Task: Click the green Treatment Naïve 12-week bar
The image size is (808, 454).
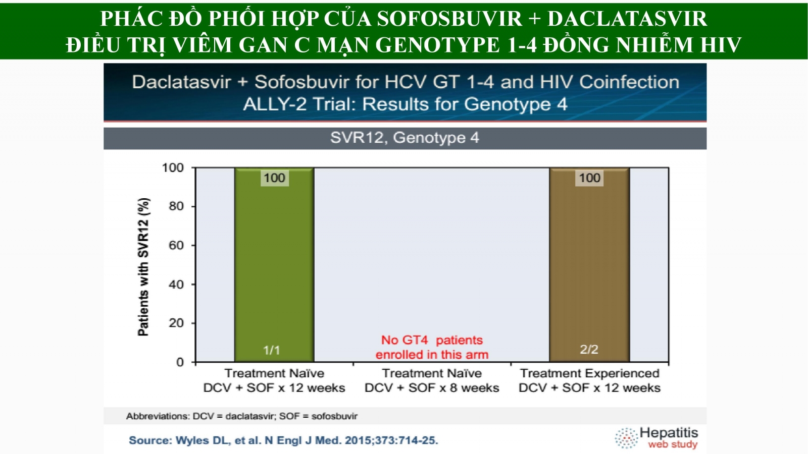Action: pyautogui.click(x=274, y=265)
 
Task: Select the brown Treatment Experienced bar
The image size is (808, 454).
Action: pyautogui.click(x=589, y=265)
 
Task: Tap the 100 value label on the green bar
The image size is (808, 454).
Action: pyautogui.click(x=275, y=178)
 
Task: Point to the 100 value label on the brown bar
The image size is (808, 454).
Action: pyautogui.click(x=589, y=178)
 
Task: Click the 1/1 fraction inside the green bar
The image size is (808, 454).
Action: pyautogui.click(x=272, y=350)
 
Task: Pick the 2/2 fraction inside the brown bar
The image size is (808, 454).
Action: pyautogui.click(x=589, y=349)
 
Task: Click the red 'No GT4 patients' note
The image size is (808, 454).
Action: pyautogui.click(x=432, y=348)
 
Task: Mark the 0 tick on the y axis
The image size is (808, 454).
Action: pyautogui.click(x=180, y=362)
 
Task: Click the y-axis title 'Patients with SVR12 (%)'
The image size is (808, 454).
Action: pyautogui.click(x=143, y=267)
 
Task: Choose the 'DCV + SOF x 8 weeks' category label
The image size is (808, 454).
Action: pyautogui.click(x=432, y=388)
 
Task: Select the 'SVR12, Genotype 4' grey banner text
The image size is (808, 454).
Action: pyautogui.click(x=405, y=138)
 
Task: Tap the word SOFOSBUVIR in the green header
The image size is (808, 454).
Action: pyautogui.click(x=449, y=18)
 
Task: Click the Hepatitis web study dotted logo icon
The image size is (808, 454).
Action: pyautogui.click(x=627, y=438)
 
